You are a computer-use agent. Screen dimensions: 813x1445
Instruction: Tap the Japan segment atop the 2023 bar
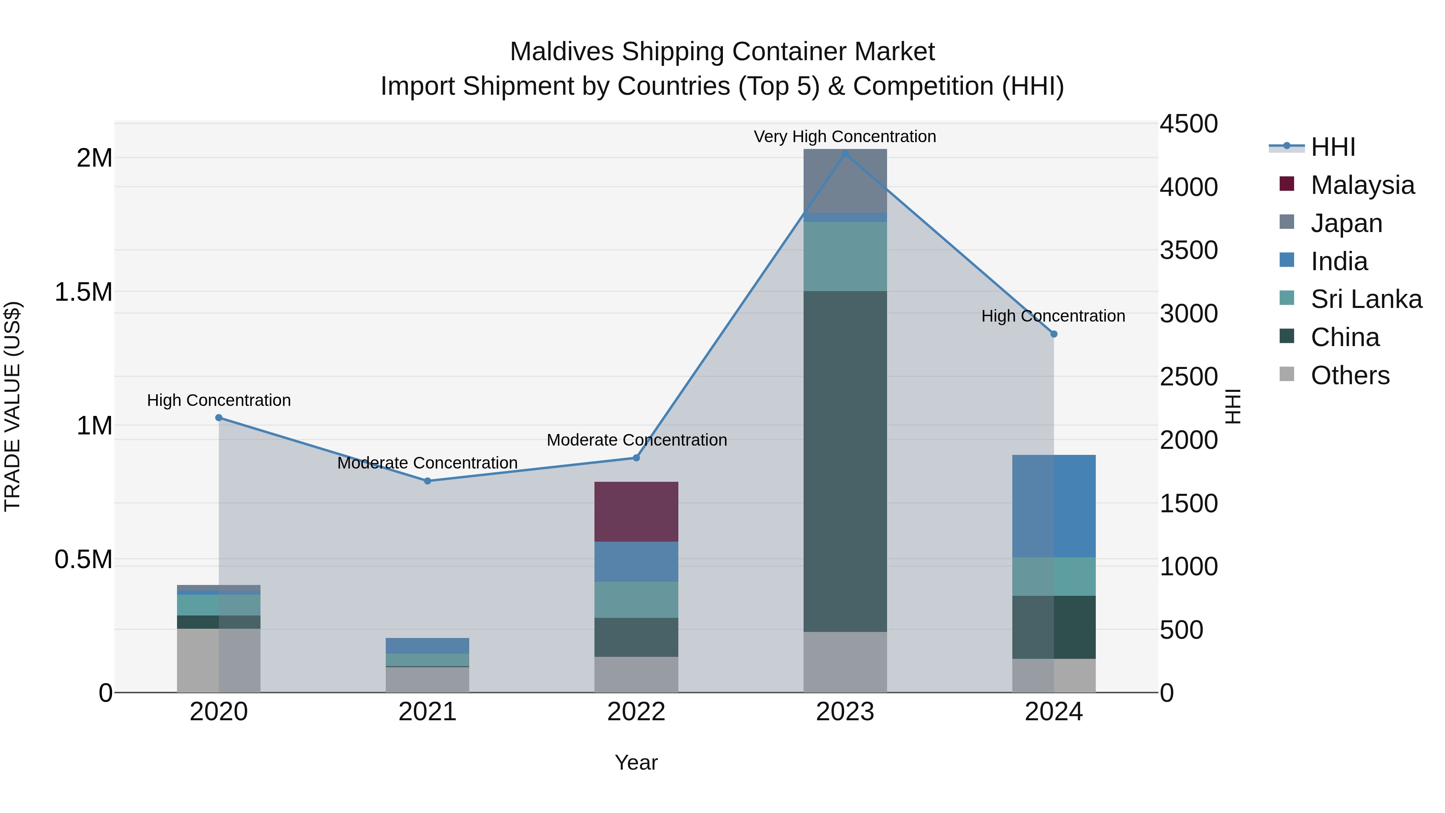click(x=845, y=181)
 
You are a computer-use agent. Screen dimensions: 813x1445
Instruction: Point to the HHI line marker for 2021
click(x=427, y=481)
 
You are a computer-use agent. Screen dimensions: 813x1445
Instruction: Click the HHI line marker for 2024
click(x=1054, y=334)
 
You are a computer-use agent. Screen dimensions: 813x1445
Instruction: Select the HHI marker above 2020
click(x=219, y=418)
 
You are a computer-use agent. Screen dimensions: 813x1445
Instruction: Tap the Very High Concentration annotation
click(x=845, y=137)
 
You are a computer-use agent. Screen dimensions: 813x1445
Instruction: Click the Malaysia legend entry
click(x=1362, y=185)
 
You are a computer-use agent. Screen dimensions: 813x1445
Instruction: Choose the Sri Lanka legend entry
click(x=1366, y=299)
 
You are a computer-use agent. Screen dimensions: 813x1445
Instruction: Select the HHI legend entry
click(x=1333, y=147)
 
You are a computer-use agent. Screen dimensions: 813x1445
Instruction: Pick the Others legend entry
click(x=1349, y=375)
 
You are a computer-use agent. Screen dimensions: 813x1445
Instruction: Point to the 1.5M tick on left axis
click(x=83, y=292)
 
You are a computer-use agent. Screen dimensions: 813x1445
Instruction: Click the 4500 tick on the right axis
click(x=1189, y=124)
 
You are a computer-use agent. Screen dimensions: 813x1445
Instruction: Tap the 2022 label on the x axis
click(x=636, y=712)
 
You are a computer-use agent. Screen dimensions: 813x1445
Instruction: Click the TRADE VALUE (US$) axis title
click(x=12, y=406)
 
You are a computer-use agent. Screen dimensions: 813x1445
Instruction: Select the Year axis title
click(x=636, y=762)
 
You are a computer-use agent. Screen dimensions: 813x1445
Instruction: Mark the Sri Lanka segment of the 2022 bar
click(x=636, y=599)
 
